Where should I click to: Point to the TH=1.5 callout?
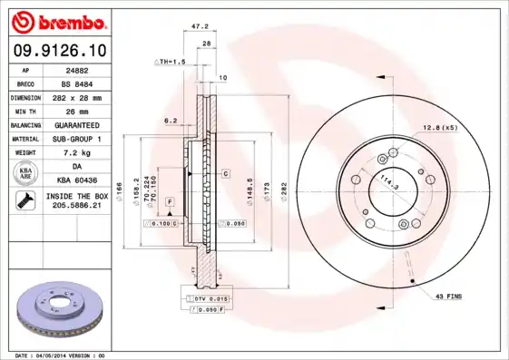171,63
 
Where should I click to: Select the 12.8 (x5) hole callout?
439,127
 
